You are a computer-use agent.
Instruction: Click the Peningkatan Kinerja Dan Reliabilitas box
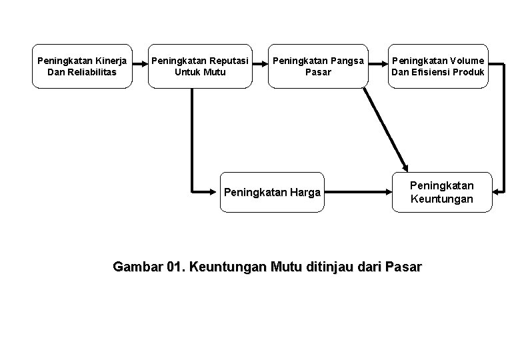tap(82, 66)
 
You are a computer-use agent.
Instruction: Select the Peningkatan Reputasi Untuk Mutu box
tap(199, 66)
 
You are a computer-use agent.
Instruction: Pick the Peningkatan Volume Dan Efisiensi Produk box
tap(438, 66)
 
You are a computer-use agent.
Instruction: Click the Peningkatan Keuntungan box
tap(441, 193)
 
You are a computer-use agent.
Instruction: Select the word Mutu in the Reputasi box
tap(213, 72)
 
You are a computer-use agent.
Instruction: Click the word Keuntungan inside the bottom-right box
tap(441, 199)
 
